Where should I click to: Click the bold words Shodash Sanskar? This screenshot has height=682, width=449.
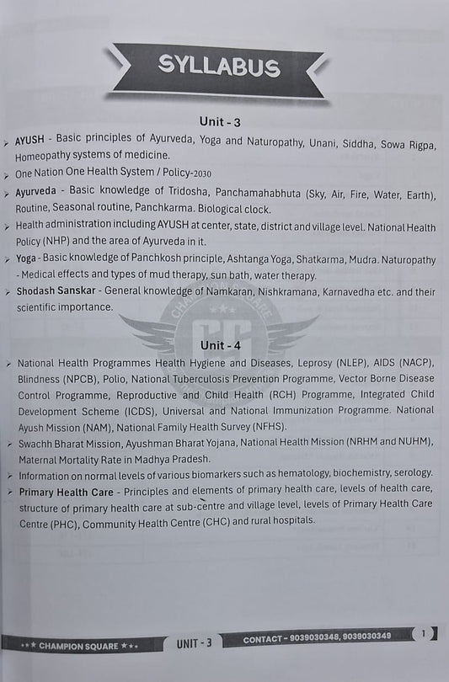click(x=54, y=292)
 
